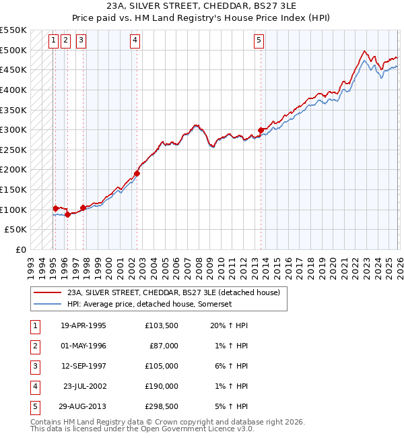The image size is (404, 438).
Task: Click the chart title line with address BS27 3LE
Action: (x=201, y=7)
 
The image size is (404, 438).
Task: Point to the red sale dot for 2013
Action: (x=261, y=131)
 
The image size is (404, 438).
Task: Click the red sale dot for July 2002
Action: (x=137, y=173)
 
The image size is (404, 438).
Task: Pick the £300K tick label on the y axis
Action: (x=13, y=129)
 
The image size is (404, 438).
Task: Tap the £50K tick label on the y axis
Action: (x=16, y=230)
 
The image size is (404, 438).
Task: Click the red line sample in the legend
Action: (x=48, y=292)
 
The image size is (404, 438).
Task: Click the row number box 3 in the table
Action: (x=34, y=366)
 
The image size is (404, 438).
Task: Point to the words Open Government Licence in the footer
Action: (x=195, y=429)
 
